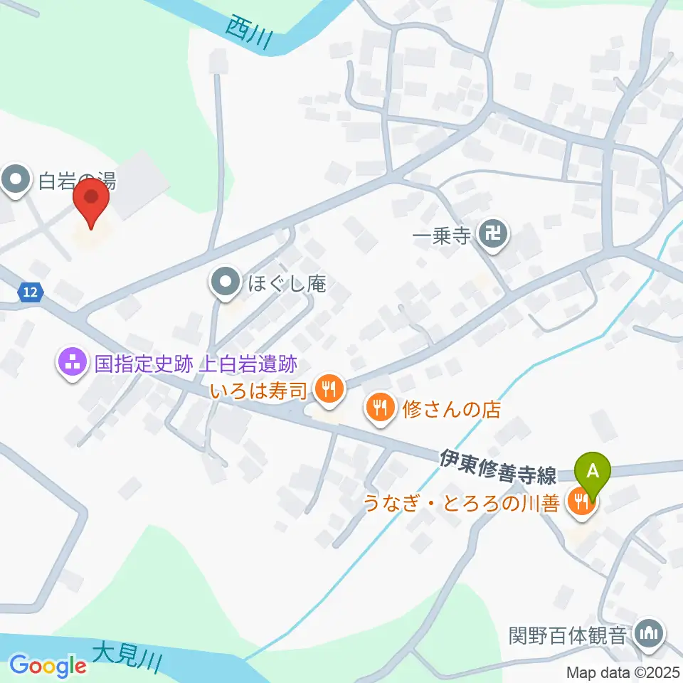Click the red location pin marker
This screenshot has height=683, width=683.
pyautogui.click(x=92, y=200)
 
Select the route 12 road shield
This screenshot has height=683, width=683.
pyautogui.click(x=30, y=292)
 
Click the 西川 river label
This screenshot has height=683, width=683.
pyautogui.click(x=248, y=31)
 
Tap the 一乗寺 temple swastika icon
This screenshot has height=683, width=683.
pyautogui.click(x=494, y=233)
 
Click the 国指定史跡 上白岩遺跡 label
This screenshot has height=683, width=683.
pyautogui.click(x=196, y=365)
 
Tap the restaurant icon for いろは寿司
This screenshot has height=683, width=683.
pyautogui.click(x=329, y=389)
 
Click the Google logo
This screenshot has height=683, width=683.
pyautogui.click(x=48, y=665)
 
